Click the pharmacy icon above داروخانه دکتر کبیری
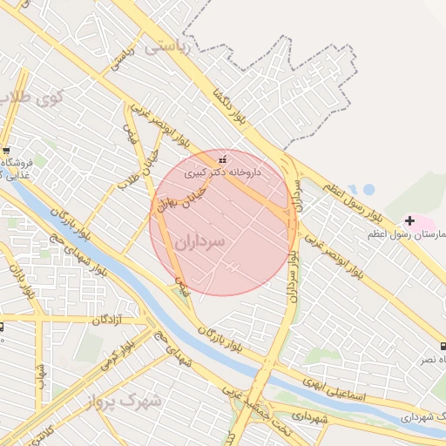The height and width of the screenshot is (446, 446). point(223,160)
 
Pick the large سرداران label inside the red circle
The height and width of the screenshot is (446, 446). point(199,240)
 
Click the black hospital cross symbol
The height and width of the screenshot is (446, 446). point(409,220)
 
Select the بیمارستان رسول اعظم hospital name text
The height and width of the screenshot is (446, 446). point(429,235)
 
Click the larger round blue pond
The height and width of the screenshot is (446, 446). point(368,189)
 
